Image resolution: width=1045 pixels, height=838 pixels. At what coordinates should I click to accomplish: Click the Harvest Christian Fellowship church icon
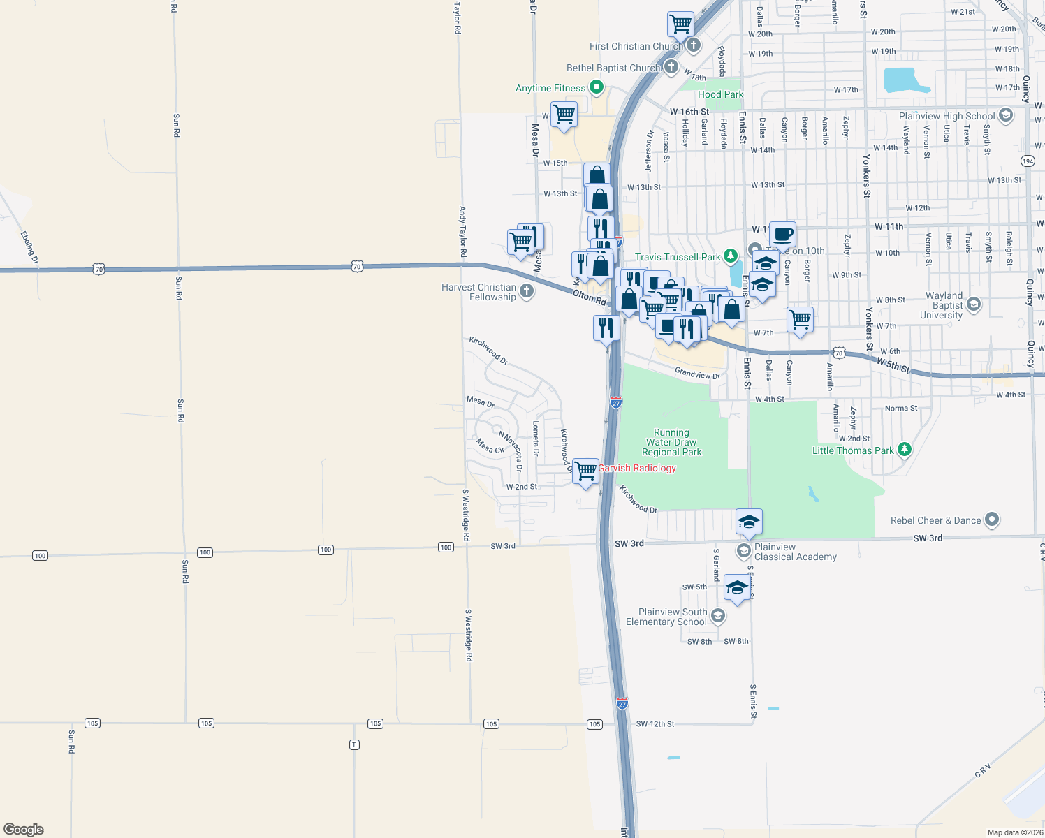pyautogui.click(x=527, y=291)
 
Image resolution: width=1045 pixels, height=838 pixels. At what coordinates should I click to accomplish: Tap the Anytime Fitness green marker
pyautogui.click(x=597, y=88)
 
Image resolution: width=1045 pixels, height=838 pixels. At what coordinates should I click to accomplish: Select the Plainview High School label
pyautogui.click(x=947, y=116)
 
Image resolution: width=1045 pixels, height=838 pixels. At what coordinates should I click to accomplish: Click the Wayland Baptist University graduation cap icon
pyautogui.click(x=974, y=304)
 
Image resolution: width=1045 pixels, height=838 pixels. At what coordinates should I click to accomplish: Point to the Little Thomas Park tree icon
pyautogui.click(x=905, y=449)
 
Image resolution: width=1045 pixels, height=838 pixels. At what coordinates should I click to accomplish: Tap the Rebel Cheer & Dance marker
pyautogui.click(x=992, y=520)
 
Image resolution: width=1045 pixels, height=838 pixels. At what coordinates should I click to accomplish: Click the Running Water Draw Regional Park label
pyautogui.click(x=671, y=442)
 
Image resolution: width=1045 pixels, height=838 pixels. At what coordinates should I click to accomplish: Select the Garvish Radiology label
pyautogui.click(x=637, y=468)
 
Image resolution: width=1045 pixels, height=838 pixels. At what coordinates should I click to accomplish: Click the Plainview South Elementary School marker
pyautogui.click(x=717, y=617)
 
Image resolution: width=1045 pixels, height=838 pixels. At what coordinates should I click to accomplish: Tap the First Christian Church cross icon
pyautogui.click(x=693, y=45)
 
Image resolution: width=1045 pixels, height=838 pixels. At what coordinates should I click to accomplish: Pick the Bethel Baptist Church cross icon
pyautogui.click(x=671, y=67)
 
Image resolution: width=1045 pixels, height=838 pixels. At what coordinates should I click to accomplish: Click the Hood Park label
pyautogui.click(x=720, y=94)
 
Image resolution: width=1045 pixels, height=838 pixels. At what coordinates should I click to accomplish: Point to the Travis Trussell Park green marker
pyautogui.click(x=730, y=256)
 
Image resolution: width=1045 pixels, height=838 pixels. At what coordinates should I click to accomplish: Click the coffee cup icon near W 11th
pyautogui.click(x=782, y=234)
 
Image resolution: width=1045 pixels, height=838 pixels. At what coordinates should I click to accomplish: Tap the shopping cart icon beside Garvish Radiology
pyautogui.click(x=585, y=471)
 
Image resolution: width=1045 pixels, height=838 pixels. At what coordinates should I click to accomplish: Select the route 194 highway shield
pyautogui.click(x=1028, y=161)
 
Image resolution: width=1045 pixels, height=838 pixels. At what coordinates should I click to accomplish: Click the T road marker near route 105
pyautogui.click(x=354, y=744)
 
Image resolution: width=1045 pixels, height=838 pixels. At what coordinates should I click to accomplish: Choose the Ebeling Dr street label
pyautogui.click(x=30, y=247)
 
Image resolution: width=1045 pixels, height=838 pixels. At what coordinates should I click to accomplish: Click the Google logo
pyautogui.click(x=24, y=830)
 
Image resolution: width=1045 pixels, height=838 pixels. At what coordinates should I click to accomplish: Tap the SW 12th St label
pyautogui.click(x=655, y=724)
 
